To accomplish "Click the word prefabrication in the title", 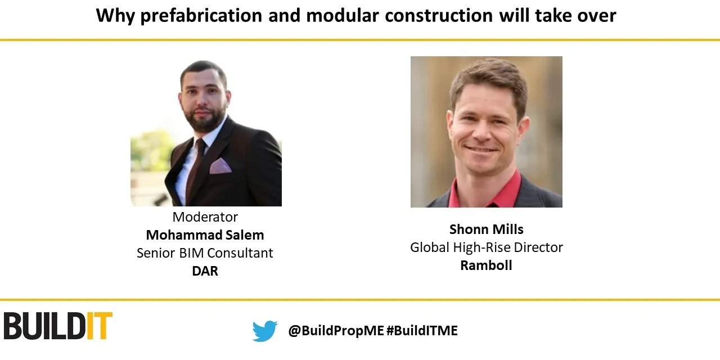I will (200, 16).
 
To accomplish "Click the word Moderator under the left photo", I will (205, 217).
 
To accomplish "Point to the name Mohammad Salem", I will (205, 235).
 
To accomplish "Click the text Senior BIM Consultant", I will (205, 253).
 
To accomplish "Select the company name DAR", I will (205, 271).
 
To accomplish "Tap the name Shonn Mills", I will (487, 229).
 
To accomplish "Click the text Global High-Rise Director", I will (487, 247).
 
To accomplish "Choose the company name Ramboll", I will (487, 265).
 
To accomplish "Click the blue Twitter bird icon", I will (265, 331).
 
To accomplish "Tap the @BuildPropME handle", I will (336, 331).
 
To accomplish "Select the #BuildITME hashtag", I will (422, 331).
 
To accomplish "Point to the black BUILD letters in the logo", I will (45, 326).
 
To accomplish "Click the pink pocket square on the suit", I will (220, 166).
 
